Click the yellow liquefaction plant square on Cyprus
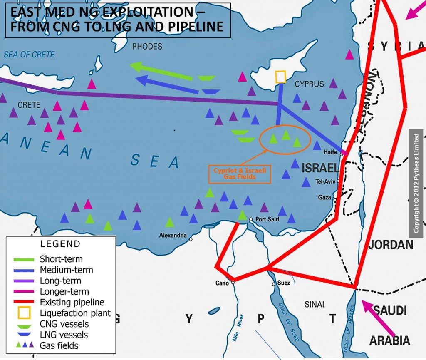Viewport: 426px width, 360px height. [281, 77]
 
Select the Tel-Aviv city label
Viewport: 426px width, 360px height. [325, 182]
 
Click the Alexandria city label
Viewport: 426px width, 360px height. [173, 236]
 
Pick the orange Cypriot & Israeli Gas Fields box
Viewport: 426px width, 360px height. [240, 174]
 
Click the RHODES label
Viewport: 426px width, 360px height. [147, 47]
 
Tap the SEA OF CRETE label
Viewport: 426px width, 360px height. [29, 55]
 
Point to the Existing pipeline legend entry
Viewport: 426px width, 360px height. [72, 302]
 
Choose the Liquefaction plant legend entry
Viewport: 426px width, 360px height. [75, 313]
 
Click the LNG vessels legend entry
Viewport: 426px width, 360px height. [64, 335]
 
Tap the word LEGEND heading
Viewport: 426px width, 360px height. [60, 244]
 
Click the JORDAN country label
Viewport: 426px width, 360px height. [391, 244]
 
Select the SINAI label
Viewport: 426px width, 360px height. [314, 304]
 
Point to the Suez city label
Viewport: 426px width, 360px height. [283, 283]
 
